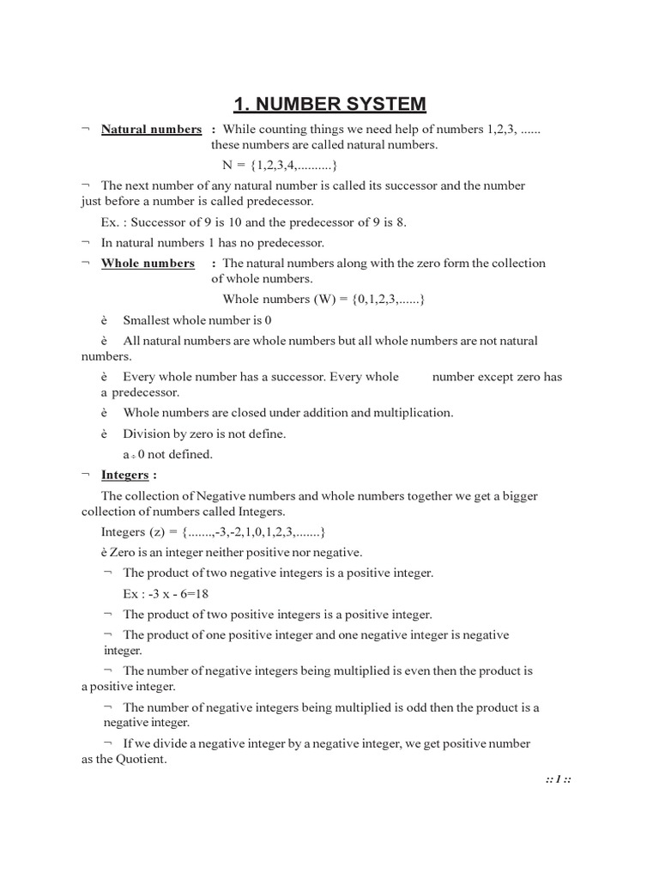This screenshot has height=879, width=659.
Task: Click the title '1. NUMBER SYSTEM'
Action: tap(329, 105)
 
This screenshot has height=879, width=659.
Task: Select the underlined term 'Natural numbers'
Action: tap(151, 130)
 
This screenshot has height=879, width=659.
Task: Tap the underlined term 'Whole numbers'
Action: tap(148, 264)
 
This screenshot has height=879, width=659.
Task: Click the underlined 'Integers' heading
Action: tap(124, 475)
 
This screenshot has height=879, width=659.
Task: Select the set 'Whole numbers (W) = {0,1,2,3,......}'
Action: tap(324, 300)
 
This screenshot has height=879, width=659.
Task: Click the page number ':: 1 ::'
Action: tap(558, 780)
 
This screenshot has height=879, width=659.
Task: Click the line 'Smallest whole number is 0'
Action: tap(197, 320)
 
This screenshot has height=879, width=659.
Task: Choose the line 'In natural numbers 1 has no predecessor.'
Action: tap(213, 243)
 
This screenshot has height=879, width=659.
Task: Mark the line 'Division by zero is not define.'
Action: tap(204, 433)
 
